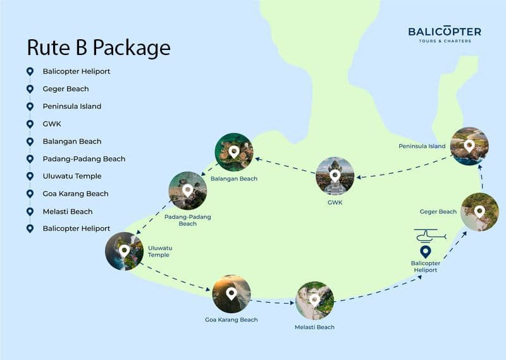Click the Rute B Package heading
point(98,48)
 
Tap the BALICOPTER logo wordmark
point(444,31)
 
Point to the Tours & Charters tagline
point(444,41)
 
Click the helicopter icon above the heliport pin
point(430,237)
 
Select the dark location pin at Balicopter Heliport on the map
point(425,252)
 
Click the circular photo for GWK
point(335,175)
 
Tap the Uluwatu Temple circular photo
point(124,251)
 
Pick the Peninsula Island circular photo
point(469,146)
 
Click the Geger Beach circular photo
point(479,212)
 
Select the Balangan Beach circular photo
point(234,152)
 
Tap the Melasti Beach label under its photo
point(314,327)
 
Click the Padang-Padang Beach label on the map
point(187,220)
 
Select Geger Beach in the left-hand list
point(66,89)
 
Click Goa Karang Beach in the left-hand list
point(75,194)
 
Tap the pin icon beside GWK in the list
point(30,124)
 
